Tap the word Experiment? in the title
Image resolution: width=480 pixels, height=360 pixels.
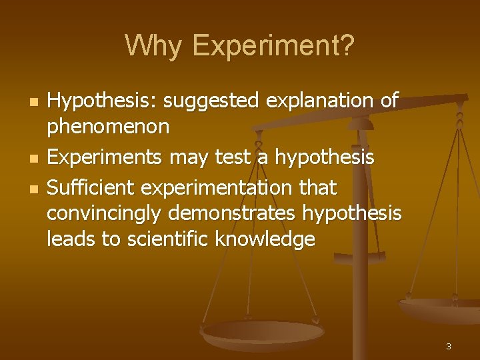tap(273, 46)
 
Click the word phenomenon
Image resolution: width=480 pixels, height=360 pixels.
tap(108, 127)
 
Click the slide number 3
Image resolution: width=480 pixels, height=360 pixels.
tap(448, 346)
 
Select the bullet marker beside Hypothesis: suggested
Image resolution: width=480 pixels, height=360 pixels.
tap(33, 103)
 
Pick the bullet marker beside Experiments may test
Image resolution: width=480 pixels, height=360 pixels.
tap(33, 159)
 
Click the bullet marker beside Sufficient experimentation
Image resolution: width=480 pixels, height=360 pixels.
tap(33, 189)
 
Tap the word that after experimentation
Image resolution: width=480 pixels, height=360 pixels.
tap(318, 188)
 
